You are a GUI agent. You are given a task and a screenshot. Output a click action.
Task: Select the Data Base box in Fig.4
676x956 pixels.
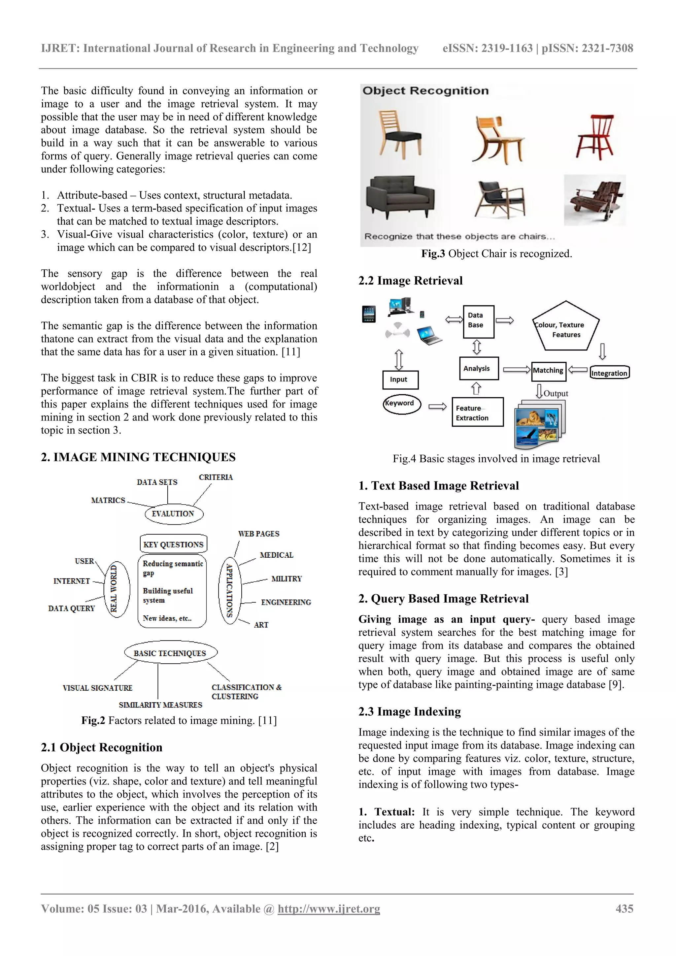point(478,321)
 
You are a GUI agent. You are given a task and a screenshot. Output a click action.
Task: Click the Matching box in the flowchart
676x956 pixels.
point(548,371)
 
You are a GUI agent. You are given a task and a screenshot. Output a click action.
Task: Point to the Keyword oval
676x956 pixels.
point(401,404)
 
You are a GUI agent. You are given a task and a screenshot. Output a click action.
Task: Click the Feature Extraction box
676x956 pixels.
point(477,412)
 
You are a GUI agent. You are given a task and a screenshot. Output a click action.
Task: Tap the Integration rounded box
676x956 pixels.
point(609,373)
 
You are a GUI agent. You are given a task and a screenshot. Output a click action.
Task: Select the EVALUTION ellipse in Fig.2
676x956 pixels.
point(174,514)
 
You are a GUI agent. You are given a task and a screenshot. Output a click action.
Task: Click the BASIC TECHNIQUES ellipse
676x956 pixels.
point(170,653)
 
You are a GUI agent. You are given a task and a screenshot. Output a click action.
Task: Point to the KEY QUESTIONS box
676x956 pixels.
point(173,544)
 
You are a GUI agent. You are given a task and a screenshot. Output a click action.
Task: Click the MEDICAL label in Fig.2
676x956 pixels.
point(276,555)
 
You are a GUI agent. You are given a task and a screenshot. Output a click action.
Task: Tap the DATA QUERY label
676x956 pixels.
point(72,608)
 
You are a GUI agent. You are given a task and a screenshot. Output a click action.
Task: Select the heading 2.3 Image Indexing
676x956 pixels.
point(409,711)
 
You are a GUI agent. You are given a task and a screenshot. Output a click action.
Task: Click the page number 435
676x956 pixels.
point(624,908)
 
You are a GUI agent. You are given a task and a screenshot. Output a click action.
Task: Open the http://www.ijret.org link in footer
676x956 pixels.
point(329,908)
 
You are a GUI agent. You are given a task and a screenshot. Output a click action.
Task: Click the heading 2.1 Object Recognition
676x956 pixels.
point(102,747)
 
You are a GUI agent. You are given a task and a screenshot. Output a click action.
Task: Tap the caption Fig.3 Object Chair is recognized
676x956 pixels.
point(496,253)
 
